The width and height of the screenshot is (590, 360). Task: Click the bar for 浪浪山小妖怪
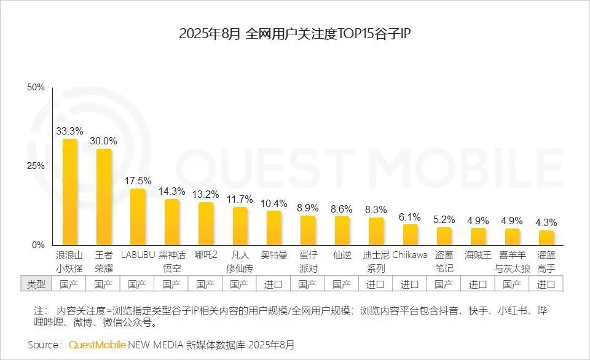70,192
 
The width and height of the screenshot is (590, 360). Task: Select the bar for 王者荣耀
104,197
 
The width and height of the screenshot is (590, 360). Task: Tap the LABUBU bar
138,216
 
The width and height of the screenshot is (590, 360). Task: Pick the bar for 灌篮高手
546,237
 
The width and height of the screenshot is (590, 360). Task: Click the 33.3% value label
69,131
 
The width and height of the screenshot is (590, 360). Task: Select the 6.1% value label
409,217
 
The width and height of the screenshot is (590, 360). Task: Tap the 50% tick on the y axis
36,88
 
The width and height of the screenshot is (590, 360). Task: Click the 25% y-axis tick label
36,166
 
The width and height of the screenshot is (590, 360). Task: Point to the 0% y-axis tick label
38,245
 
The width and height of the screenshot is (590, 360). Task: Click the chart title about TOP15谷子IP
294,34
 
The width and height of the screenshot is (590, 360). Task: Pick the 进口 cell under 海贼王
478,284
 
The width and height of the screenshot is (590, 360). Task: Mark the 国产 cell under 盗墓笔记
444,284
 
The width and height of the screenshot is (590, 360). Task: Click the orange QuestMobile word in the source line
97,344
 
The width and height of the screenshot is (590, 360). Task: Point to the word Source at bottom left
44,344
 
